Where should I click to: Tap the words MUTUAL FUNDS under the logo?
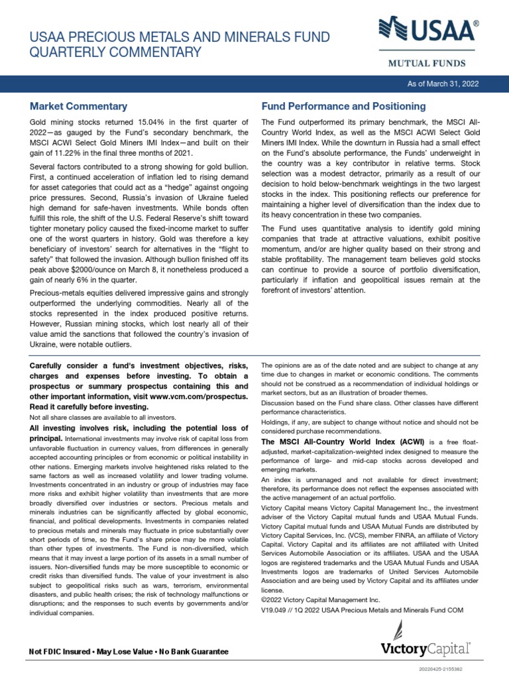point(425,64)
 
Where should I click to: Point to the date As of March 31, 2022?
point(445,84)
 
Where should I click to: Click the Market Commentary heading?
point(78,106)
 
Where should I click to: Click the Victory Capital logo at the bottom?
point(425,647)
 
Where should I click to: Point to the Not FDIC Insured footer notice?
point(129,652)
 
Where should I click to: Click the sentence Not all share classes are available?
point(103,417)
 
